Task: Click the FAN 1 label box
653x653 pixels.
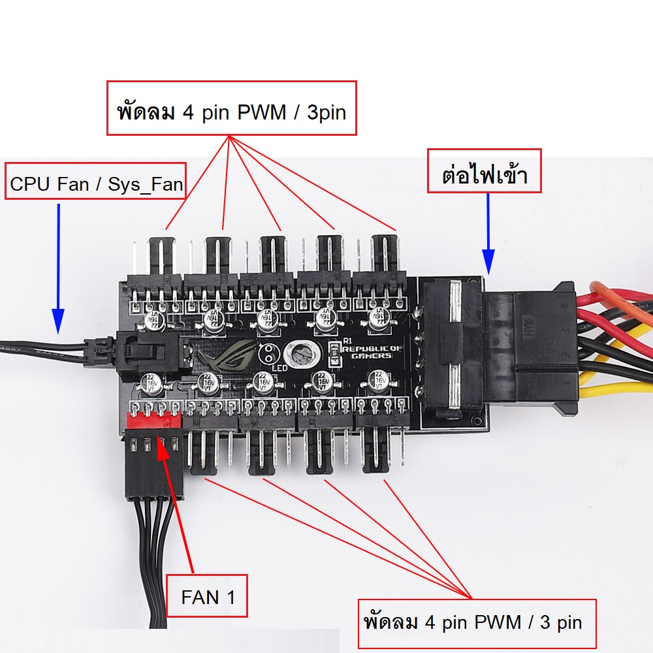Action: pyautogui.click(x=207, y=596)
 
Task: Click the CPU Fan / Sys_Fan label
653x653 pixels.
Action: pyautogui.click(x=96, y=184)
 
